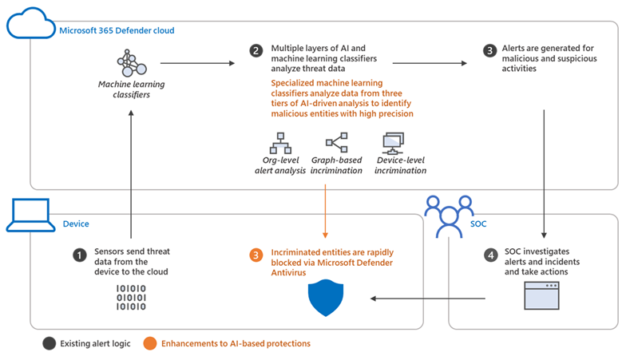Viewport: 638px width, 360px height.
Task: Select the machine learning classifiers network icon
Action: (x=132, y=62)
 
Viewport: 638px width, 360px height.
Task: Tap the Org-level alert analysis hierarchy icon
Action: (x=275, y=143)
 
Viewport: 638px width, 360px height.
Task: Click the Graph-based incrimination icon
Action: (x=335, y=143)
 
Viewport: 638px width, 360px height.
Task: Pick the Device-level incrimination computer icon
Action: (x=394, y=144)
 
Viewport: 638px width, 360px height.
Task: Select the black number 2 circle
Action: (x=256, y=50)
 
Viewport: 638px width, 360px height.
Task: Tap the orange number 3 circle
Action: (x=256, y=255)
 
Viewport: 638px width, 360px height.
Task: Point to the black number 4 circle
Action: (x=490, y=255)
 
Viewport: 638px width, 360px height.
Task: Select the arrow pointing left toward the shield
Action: (x=427, y=299)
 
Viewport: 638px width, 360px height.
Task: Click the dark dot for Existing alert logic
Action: (x=50, y=343)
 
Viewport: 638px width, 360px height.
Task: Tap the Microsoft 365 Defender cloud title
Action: (x=117, y=30)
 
